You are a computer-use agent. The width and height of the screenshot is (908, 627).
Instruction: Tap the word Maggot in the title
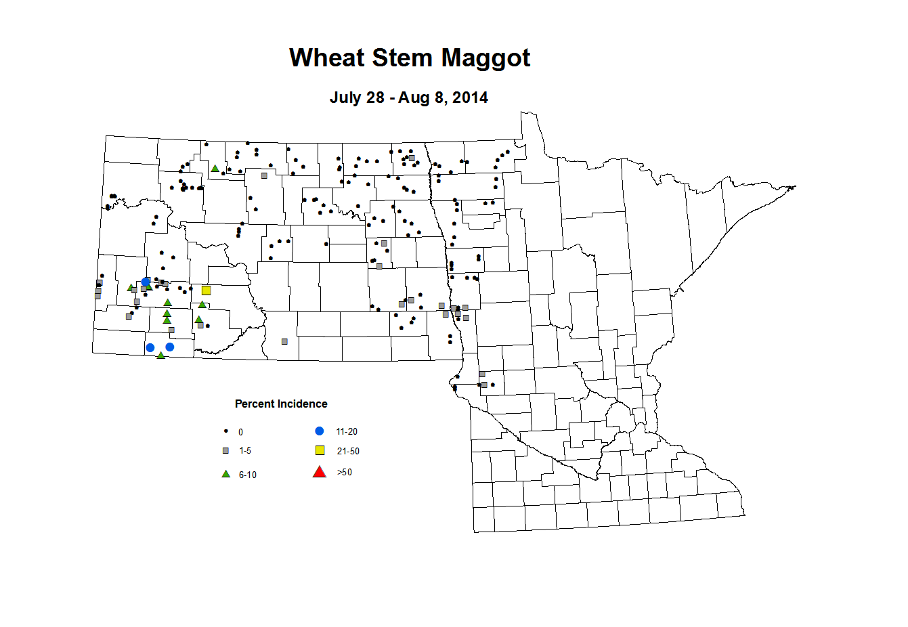coord(485,58)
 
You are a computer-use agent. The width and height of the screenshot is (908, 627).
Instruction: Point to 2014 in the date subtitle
coord(470,98)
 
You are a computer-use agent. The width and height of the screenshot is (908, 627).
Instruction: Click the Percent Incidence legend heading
coord(281,404)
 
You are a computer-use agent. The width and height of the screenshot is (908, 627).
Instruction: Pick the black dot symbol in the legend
coord(225,431)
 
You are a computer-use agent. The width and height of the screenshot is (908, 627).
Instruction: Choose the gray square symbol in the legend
coord(225,450)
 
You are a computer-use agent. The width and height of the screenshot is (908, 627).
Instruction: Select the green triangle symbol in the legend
coord(225,474)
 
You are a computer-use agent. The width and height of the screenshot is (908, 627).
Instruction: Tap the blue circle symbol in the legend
coord(320,431)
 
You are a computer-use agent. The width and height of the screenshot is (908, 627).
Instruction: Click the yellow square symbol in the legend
coord(320,450)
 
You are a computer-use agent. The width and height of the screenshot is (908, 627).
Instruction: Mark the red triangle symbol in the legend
coord(320,472)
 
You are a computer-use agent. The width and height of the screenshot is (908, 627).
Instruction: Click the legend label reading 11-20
coord(347,432)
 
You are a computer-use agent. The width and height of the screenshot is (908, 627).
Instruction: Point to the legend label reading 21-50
coord(348,452)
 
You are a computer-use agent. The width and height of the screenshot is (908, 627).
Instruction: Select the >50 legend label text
coord(345,473)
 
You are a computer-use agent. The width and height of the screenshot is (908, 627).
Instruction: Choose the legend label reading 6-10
coord(248,475)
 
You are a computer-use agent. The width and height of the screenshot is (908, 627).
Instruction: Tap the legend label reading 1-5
coord(245,451)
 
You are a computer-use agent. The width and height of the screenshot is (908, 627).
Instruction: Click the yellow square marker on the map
coord(207,290)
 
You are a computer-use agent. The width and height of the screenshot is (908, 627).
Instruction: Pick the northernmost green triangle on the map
coord(215,169)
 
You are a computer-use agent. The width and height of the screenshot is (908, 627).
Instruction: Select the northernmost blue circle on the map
coord(146,282)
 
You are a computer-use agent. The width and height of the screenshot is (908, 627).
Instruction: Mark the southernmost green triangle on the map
coord(160,355)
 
